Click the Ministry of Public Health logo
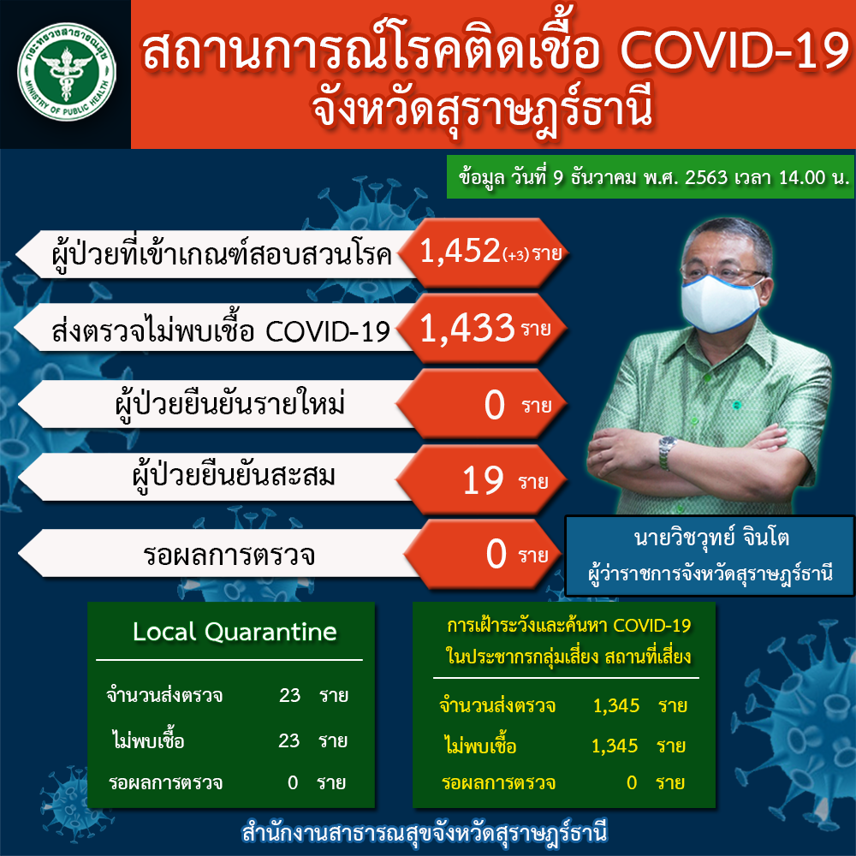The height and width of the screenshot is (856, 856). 67,71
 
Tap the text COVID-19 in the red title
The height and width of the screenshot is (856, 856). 735,51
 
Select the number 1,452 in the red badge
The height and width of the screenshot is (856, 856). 460,251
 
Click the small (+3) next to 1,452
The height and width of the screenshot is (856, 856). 516,255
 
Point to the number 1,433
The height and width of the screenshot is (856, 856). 467,329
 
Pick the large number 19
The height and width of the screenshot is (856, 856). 483,481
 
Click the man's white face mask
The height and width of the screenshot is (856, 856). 722,304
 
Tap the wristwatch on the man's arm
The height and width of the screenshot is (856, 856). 667,453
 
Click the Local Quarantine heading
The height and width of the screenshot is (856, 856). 235,632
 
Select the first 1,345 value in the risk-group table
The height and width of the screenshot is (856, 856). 616,705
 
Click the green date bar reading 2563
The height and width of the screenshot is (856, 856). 651,177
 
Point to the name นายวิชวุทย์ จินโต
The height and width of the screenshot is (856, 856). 712,538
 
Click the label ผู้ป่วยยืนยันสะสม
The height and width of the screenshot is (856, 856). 235,477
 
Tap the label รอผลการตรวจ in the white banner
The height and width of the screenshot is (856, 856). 229,555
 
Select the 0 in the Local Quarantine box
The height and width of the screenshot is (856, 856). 293,783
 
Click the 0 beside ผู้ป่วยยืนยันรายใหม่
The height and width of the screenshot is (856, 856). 495,405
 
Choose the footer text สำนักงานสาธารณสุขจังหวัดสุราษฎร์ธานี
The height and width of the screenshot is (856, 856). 425,833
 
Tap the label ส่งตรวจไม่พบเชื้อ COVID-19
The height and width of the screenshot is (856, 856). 221,330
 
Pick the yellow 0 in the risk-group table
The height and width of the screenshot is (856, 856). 632,783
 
